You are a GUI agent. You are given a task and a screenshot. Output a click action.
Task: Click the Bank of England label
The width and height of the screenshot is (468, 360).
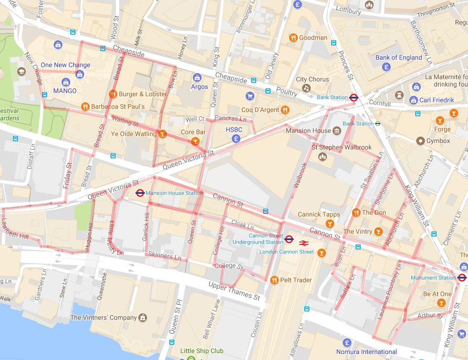(398, 57)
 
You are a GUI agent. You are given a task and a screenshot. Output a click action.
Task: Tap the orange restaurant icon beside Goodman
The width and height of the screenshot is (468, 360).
(293, 38)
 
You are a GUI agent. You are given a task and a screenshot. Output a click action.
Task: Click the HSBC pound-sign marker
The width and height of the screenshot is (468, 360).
(236, 138)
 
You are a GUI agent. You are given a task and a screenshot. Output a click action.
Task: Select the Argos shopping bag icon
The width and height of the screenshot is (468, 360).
(197, 78)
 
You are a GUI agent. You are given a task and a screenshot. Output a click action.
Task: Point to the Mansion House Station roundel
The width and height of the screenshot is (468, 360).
(140, 193)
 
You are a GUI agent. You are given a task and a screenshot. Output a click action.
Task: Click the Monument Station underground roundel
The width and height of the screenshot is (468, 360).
(462, 278)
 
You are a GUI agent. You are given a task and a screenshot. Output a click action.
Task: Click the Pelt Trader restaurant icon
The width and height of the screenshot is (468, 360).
(274, 280)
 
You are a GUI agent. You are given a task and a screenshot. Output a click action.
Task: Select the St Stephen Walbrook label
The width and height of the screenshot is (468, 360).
(341, 147)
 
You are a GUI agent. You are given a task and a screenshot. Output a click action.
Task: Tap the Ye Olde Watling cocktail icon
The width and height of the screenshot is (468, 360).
(162, 134)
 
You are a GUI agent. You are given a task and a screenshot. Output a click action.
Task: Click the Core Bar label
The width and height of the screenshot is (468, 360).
(193, 132)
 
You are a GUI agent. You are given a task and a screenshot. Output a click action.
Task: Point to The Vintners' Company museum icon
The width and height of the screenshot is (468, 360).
(143, 317)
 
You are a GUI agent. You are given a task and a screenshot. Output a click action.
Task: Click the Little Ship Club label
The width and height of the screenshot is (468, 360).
(202, 351)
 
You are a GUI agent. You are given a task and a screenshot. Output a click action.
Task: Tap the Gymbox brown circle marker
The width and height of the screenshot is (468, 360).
(420, 141)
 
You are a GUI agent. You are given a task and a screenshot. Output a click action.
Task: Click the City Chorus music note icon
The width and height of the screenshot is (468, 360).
(305, 88)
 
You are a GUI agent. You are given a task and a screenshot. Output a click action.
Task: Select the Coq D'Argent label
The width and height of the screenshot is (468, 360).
(260, 110)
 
